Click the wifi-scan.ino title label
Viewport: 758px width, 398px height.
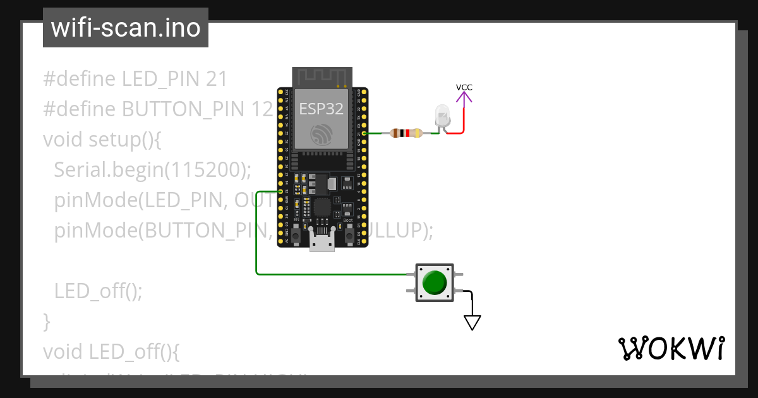click(x=125, y=28)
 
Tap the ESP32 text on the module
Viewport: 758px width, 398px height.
click(x=321, y=109)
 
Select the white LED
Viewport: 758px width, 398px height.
click(x=442, y=117)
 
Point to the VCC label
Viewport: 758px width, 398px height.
click(x=464, y=87)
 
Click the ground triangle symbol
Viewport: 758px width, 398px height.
click(x=472, y=322)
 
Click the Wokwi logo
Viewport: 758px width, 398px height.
click(x=671, y=348)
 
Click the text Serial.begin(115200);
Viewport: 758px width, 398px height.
click(x=153, y=169)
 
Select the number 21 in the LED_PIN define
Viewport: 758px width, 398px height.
click(x=216, y=79)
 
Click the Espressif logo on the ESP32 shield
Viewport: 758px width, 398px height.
click(x=321, y=134)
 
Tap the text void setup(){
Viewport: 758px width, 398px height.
click(x=102, y=139)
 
